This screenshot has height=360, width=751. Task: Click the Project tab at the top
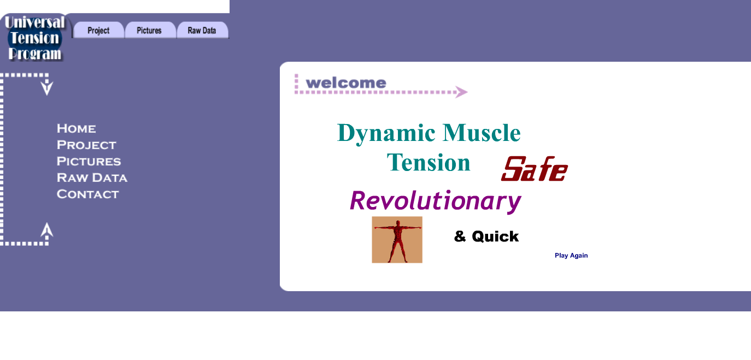(98, 30)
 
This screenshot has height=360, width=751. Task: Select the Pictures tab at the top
(149, 30)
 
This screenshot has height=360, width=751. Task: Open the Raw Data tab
(202, 30)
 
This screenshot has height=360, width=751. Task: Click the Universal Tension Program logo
(35, 38)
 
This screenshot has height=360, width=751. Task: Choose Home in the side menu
(76, 128)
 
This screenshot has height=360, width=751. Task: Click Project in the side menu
(86, 145)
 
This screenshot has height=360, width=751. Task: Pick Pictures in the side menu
(89, 161)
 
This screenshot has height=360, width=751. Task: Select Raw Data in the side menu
(92, 178)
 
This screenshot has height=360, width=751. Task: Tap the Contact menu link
(87, 194)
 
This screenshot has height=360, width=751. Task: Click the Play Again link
(571, 256)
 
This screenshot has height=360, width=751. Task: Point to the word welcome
(346, 83)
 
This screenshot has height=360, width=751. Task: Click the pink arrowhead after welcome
(461, 92)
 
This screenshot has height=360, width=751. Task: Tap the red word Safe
(534, 169)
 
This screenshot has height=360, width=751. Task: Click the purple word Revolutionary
(435, 201)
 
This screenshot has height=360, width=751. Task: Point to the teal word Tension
(429, 163)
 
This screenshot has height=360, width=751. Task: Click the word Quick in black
(495, 237)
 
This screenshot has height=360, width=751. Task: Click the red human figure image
(397, 240)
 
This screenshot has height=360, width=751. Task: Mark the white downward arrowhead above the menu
(47, 88)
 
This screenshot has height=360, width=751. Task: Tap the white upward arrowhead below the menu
(47, 230)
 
